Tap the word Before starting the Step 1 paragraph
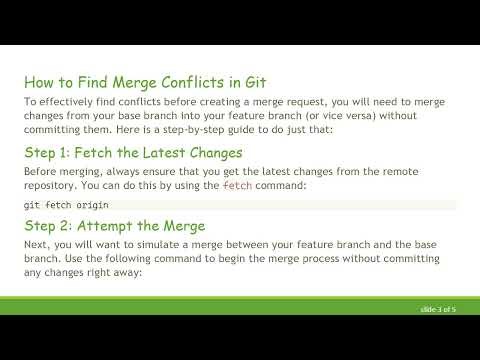point(42,172)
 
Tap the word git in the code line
point(31,205)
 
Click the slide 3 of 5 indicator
point(437,309)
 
